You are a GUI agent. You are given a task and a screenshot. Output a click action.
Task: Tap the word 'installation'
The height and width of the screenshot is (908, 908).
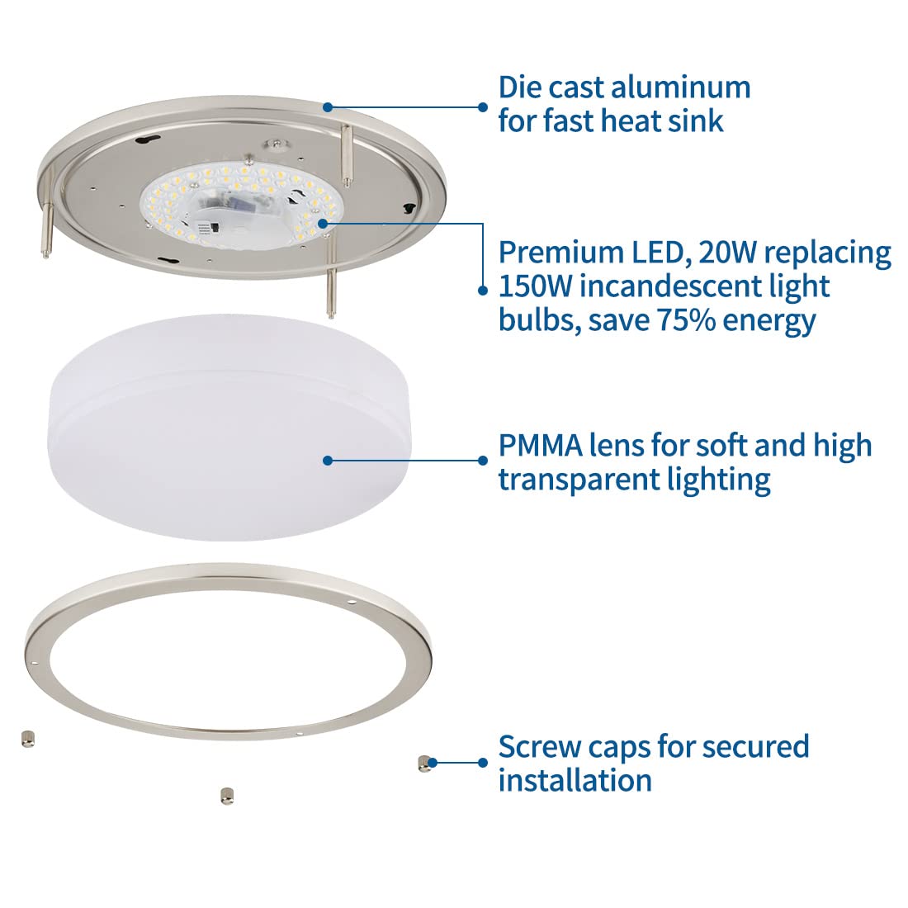tap(575, 780)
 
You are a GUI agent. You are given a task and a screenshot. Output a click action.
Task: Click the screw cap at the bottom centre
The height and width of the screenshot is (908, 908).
tap(225, 795)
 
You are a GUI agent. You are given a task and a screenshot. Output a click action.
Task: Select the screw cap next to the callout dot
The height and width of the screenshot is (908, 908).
tap(423, 764)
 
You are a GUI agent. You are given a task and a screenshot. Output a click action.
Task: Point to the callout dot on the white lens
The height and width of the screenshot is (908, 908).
tap(328, 461)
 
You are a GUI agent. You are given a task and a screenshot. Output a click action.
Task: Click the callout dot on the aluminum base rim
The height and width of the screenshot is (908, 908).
tap(328, 106)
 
